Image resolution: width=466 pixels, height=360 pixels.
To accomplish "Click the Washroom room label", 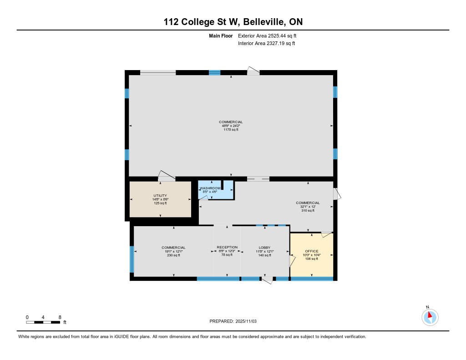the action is pyautogui.click(x=210, y=188).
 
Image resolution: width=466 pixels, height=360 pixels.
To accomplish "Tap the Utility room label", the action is pyautogui.click(x=160, y=196).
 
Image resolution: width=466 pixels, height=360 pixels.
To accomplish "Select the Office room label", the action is pyautogui.click(x=311, y=251).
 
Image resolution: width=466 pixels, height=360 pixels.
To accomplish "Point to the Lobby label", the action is pyautogui.click(x=264, y=248).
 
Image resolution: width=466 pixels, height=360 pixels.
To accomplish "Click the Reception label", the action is pyautogui.click(x=227, y=247).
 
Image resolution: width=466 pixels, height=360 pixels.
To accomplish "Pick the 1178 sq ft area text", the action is pyautogui.click(x=231, y=130).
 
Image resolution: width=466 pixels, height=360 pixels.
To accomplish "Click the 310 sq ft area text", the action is pyautogui.click(x=308, y=210).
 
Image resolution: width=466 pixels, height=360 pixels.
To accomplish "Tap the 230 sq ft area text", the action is pyautogui.click(x=173, y=255).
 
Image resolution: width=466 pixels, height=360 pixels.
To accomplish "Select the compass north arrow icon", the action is pyautogui.click(x=430, y=317).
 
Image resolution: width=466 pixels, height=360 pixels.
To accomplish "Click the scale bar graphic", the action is pyautogui.click(x=43, y=322).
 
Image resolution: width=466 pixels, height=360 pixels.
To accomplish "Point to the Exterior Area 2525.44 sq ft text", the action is pyautogui.click(x=267, y=36).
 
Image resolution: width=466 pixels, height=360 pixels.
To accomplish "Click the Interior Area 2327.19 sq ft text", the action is pyautogui.click(x=267, y=43).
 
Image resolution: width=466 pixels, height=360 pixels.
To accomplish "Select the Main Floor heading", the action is pyautogui.click(x=221, y=36).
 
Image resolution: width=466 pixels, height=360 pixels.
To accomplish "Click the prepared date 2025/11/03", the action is pyautogui.click(x=246, y=321).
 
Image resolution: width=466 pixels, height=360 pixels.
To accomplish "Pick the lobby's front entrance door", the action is pyautogui.click(x=267, y=280).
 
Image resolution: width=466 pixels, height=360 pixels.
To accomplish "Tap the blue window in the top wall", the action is pyautogui.click(x=215, y=72).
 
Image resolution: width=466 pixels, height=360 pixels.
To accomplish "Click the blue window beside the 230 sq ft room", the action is pyautogui.click(x=132, y=259).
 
